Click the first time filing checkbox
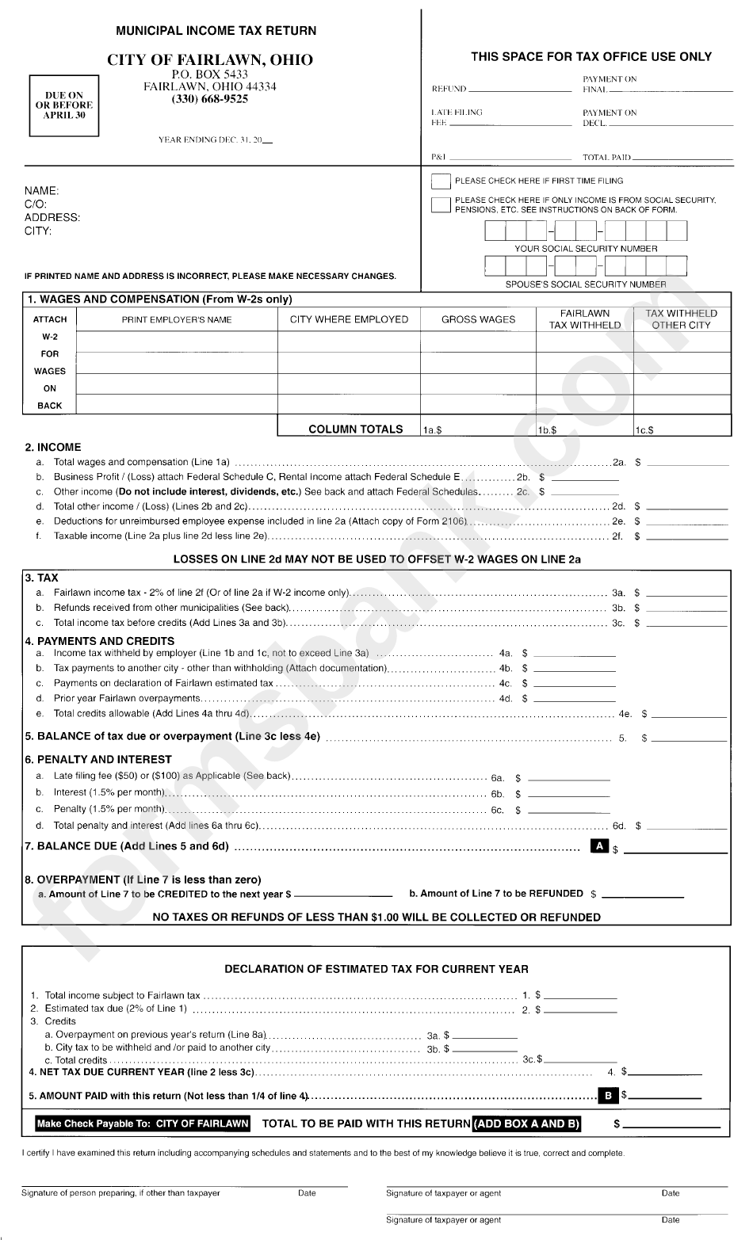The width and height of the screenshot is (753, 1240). coord(441,181)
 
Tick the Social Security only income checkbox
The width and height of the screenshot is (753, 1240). coord(441,205)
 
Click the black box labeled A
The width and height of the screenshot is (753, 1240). coord(601,846)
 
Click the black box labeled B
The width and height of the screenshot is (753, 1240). coord(608,1096)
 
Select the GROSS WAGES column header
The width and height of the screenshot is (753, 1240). coord(478,319)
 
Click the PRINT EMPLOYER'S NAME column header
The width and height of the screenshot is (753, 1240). coord(177,319)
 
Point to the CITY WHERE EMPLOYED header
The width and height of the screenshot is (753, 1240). coord(349,319)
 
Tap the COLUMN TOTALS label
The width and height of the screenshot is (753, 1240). coord(355,429)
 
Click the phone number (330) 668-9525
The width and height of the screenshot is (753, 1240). coord(209,100)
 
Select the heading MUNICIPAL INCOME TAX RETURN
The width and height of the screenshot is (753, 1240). coord(216,31)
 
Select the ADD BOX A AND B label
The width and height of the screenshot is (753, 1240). coord(527,1124)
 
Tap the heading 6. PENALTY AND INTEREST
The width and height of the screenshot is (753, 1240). coord(98,759)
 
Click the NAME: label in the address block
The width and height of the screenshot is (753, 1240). coord(41,191)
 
